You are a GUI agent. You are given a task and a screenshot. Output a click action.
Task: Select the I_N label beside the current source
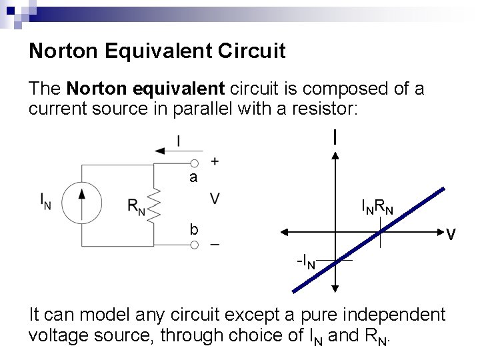[x=45, y=200]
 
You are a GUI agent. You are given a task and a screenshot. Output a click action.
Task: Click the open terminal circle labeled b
[x=194, y=245]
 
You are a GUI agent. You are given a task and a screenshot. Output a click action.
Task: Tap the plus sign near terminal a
[x=215, y=161]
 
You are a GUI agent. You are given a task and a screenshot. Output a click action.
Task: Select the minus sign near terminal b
[x=215, y=245]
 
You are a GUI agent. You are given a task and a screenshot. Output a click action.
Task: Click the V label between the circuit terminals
[x=216, y=199]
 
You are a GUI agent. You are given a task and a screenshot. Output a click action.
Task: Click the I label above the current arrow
[x=178, y=140]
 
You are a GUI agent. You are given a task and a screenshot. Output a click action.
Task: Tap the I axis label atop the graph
[x=335, y=137]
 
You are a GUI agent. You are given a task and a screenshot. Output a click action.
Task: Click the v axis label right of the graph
[x=451, y=234]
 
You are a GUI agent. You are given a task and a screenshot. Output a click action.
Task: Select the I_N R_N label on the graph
[x=377, y=207]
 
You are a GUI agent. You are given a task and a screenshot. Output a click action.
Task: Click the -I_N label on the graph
[x=306, y=261]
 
